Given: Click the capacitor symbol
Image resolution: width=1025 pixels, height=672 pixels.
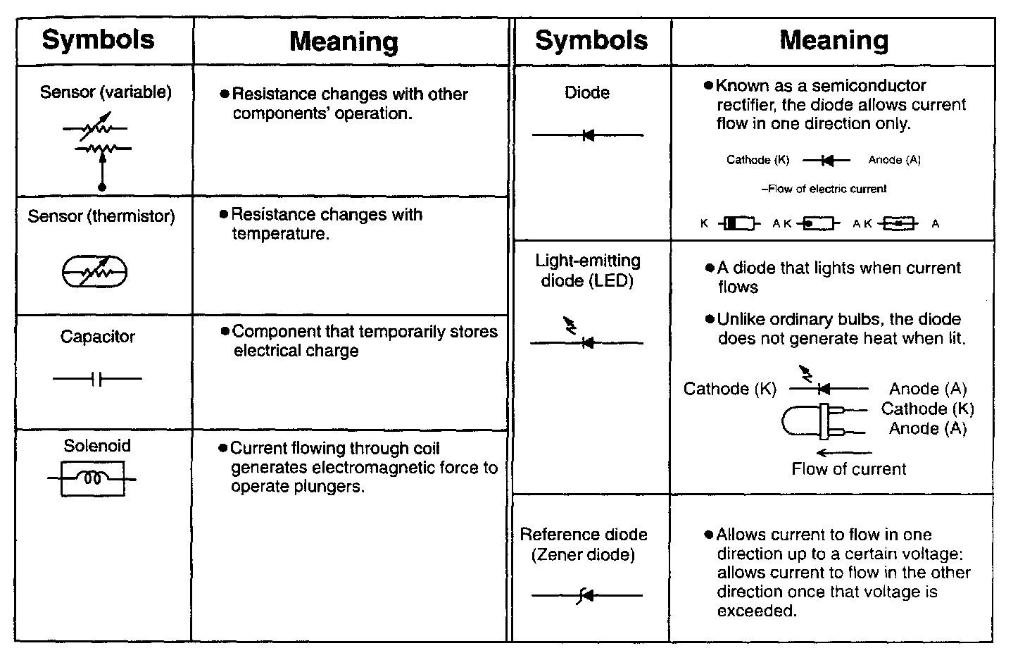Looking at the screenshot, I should [97, 379].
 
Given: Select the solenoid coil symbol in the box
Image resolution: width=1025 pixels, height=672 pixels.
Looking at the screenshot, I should [92, 479].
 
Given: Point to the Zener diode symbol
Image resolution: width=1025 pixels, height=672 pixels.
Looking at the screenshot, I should [586, 596].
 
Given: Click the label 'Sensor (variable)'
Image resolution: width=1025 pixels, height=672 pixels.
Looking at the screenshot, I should [106, 92].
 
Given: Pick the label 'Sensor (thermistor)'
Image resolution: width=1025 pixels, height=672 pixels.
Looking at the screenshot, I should [101, 216].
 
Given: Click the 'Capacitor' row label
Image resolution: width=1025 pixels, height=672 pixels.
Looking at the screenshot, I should [97, 337].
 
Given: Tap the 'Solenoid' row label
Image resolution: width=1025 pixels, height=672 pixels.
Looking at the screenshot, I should [97, 446].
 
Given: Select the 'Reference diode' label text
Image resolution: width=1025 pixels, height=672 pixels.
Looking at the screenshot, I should [584, 535].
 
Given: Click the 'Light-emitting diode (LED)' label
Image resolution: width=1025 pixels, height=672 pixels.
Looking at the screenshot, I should [588, 270].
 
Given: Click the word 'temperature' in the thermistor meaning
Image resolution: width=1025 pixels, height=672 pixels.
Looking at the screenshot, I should [279, 234].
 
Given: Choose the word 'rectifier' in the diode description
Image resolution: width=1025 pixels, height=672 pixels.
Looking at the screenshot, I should [747, 105].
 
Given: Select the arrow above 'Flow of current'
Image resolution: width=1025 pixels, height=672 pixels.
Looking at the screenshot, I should [843, 452].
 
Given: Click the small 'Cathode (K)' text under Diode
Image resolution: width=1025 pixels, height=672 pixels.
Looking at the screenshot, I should [757, 160].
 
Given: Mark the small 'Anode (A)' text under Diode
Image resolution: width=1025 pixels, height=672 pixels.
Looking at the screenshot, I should [894, 160].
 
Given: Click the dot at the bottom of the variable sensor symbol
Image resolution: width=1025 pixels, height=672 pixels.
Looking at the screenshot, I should [102, 187].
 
